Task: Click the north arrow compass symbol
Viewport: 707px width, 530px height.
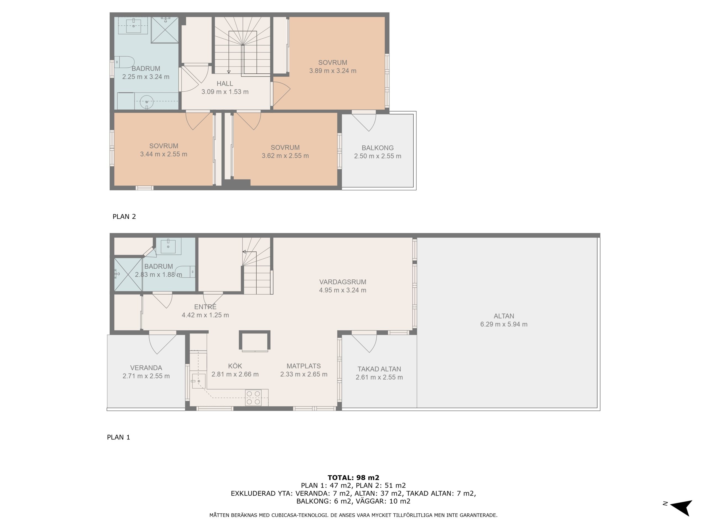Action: [682, 508]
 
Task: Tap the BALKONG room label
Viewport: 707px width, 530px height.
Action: [378, 148]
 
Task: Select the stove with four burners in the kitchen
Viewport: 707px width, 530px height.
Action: [253, 398]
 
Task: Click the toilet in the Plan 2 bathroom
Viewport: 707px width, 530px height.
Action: [124, 62]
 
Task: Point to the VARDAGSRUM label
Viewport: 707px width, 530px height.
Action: [343, 282]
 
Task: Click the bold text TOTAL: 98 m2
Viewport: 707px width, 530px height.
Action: [353, 478]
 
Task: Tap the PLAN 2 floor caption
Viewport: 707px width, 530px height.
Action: [124, 217]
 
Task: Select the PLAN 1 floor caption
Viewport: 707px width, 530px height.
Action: [118, 437]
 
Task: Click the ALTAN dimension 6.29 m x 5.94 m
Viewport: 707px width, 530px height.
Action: [504, 324]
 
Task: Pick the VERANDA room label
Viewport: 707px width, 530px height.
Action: [146, 368]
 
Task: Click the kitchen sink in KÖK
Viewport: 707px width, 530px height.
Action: [199, 381]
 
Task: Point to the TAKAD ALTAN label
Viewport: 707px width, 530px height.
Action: [379, 369]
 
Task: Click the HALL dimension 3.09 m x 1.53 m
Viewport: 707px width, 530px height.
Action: [225, 92]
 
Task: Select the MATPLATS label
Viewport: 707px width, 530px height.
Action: [303, 366]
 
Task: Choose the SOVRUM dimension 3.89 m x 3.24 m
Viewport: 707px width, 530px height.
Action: [333, 71]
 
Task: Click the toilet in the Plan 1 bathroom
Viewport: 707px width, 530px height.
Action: [185, 272]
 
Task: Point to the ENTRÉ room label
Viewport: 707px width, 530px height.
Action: [205, 307]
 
